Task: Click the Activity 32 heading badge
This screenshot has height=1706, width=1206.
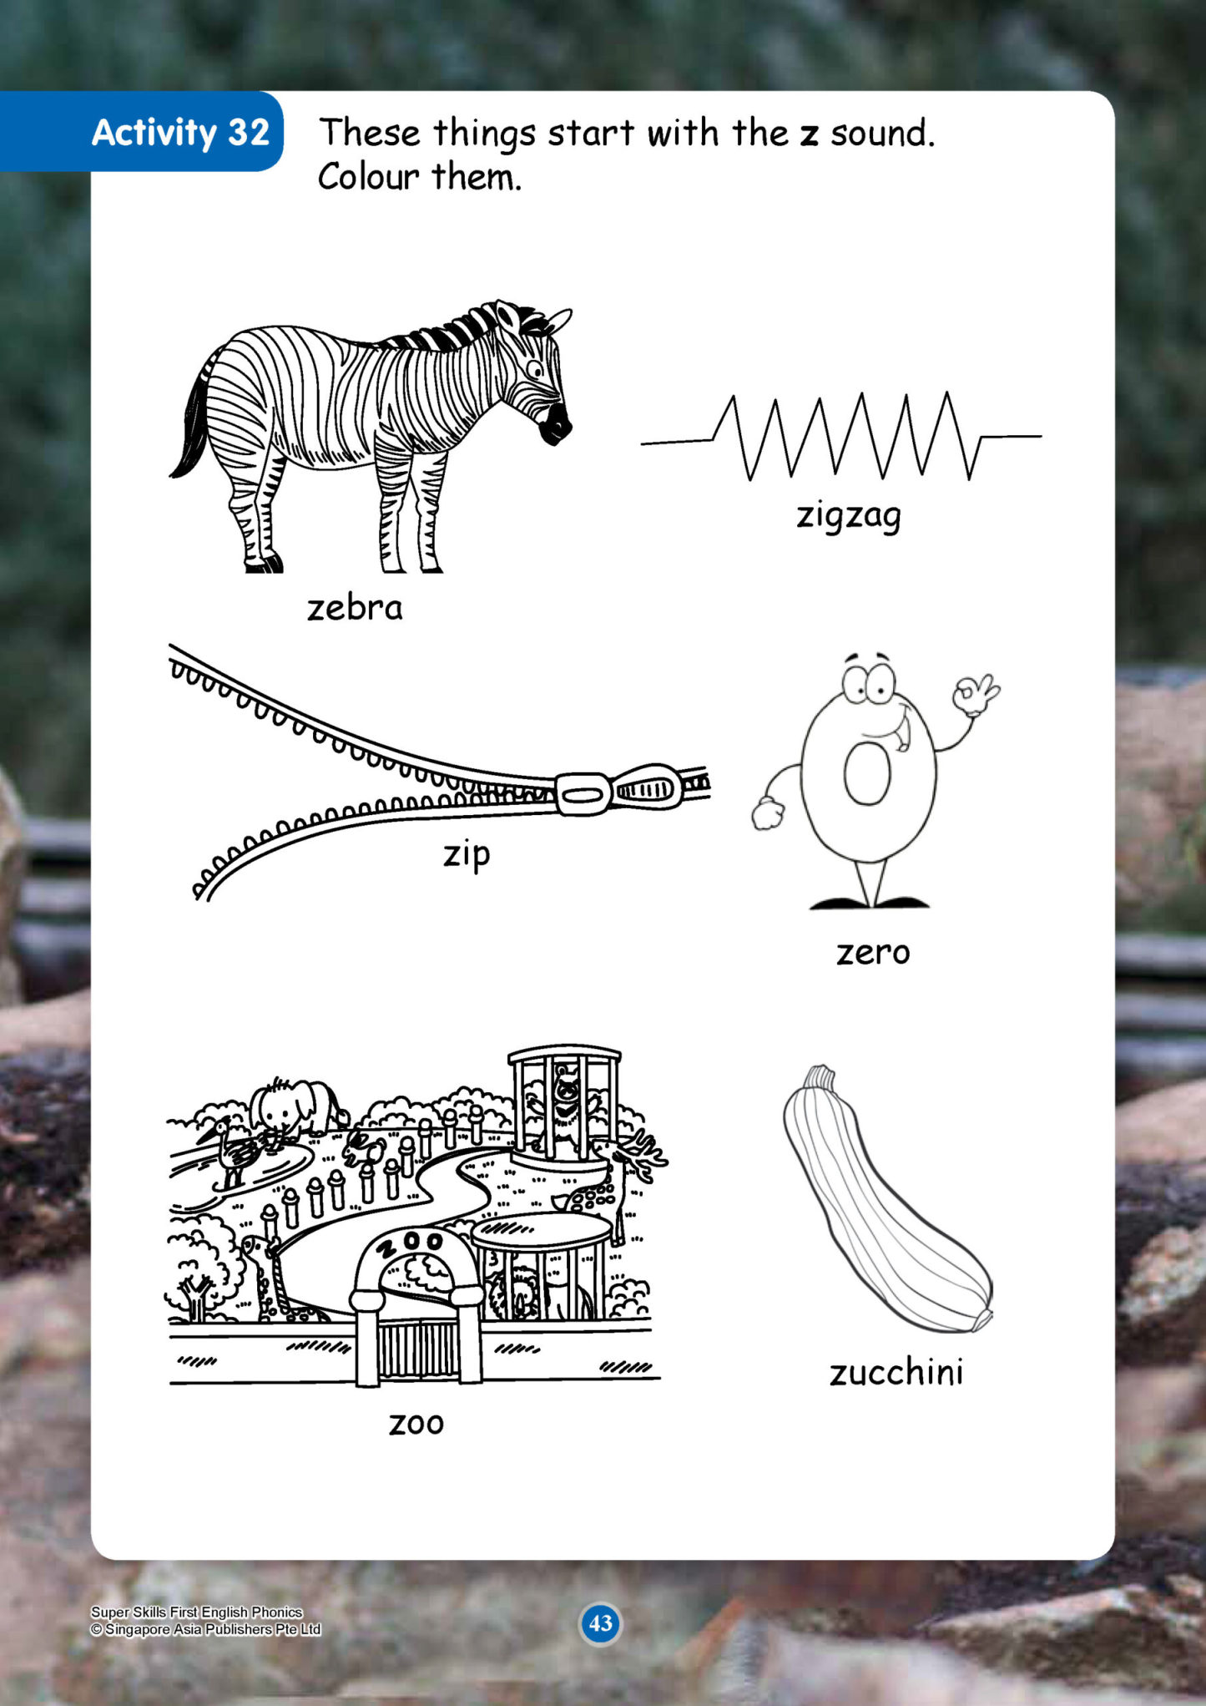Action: coord(142,131)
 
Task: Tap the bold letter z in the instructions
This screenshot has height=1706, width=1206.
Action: coord(809,135)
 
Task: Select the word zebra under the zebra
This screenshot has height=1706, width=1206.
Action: coord(355,607)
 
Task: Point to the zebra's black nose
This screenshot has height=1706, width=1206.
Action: coord(556,425)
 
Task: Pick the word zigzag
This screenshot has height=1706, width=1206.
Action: coord(849,515)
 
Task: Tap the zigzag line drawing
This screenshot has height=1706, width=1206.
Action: coord(840,436)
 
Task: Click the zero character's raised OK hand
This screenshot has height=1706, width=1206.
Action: coord(976,695)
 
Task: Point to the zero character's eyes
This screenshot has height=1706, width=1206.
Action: coord(868,683)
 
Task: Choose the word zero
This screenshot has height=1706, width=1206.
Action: coord(873,952)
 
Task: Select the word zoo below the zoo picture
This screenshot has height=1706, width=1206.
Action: coord(416,1423)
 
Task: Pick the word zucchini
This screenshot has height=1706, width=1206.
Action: coord(896,1373)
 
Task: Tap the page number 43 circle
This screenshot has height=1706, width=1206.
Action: coord(600,1623)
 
